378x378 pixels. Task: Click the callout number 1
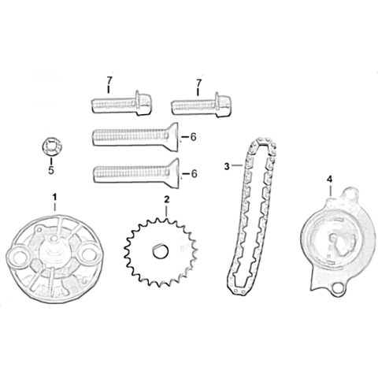point(54,196)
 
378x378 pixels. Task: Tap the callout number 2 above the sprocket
point(166,200)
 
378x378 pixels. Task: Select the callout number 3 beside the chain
point(227,167)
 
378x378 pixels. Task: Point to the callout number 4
point(329,180)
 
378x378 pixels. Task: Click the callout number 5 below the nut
point(51,170)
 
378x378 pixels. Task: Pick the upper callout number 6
point(193,137)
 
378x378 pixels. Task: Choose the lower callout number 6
point(194,174)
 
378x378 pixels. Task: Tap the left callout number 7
point(109,80)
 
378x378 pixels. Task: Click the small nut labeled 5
point(51,146)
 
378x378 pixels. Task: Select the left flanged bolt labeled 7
point(121,103)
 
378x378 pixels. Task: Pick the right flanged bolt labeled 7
point(202,105)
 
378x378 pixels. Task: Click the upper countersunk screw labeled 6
point(135,137)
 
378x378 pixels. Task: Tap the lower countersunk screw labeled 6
point(136,173)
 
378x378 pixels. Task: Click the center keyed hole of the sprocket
point(160,251)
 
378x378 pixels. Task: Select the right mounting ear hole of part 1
point(89,254)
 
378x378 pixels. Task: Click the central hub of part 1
point(54,250)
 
